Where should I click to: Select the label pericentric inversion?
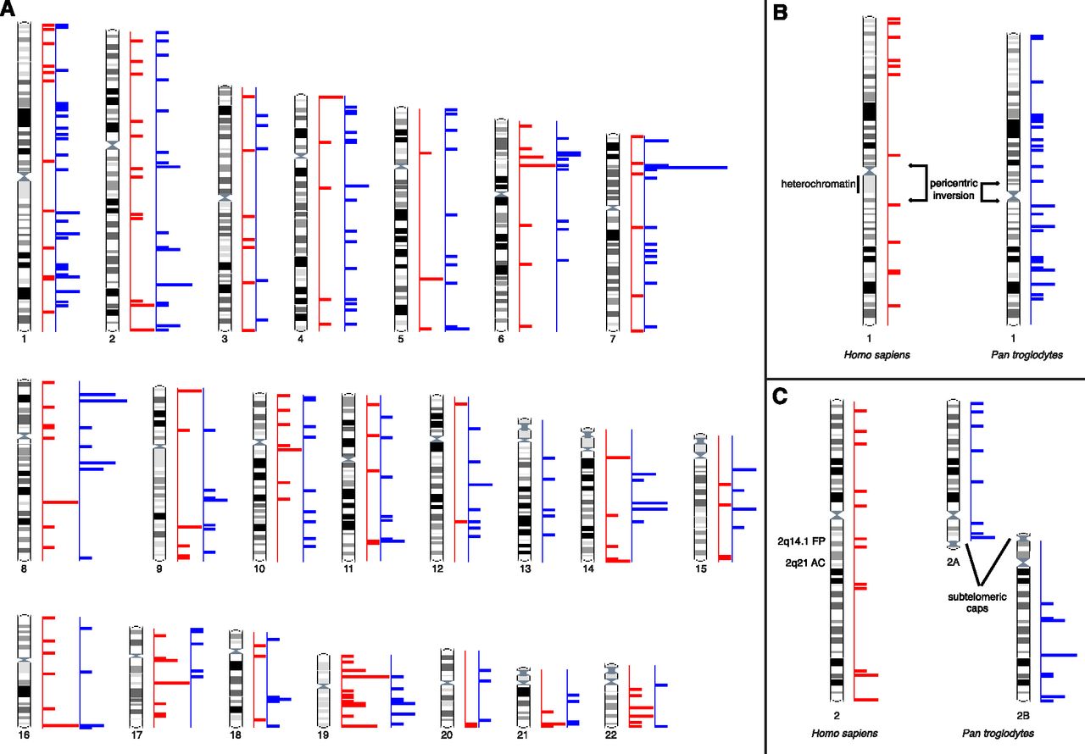953,189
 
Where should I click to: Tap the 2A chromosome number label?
954,561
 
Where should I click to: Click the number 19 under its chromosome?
322,735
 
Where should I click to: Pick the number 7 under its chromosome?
612,339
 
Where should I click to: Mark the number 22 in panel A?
610,735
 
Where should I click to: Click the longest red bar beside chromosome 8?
61,502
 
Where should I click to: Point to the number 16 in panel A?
24,735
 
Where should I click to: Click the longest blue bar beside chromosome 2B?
1059,655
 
